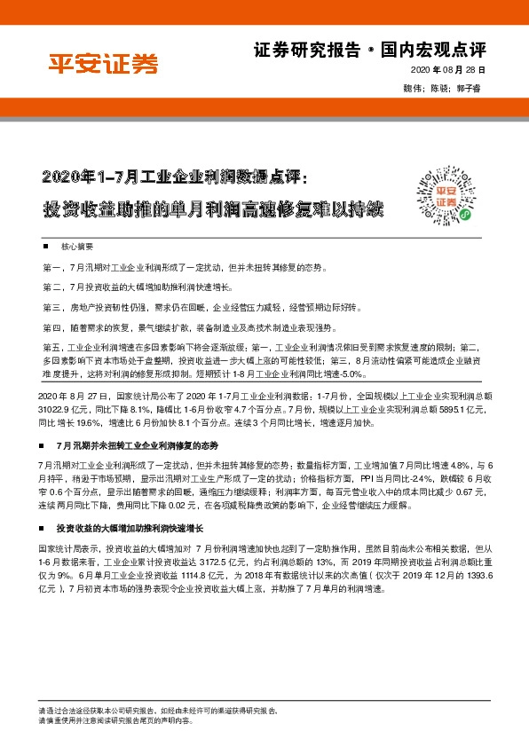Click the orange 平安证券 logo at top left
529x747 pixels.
[101, 64]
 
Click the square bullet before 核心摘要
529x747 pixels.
[69, 245]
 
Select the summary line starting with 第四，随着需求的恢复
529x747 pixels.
[187, 327]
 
